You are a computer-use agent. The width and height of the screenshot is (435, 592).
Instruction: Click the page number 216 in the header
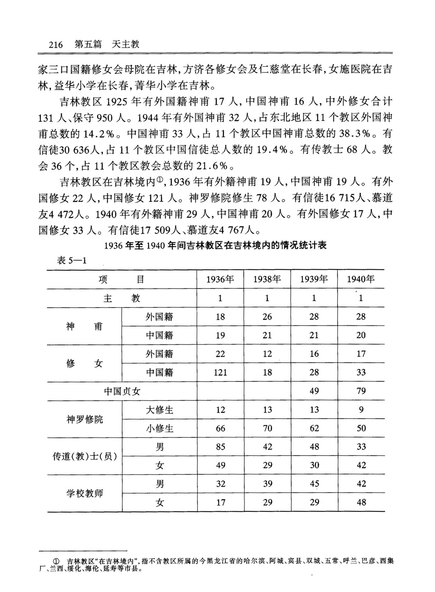point(56,45)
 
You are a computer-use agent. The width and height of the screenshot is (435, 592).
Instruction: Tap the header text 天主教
point(126,44)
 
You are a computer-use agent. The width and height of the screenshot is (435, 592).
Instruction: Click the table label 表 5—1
point(72,260)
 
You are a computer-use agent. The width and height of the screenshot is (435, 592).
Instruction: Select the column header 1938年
point(267,279)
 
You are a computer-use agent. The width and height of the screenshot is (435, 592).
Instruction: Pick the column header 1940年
point(361,279)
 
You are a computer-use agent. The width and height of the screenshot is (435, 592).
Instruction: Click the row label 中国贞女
point(122,391)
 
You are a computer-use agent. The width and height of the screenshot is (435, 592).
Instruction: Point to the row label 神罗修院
point(84,419)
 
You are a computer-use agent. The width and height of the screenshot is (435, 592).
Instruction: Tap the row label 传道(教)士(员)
point(84,457)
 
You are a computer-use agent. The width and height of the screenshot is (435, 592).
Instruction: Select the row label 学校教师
point(84,493)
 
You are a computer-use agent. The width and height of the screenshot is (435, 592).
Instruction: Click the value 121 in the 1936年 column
point(220,372)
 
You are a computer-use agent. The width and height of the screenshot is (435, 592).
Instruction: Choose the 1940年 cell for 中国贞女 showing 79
point(361,391)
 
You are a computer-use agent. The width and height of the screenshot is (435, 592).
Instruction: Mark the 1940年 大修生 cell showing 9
point(361,410)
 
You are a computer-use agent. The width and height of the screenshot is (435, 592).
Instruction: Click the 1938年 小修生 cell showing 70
point(267,428)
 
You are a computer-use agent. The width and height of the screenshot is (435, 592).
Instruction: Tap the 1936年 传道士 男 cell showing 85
point(220,447)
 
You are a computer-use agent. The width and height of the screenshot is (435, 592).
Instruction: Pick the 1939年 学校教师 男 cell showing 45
point(314,484)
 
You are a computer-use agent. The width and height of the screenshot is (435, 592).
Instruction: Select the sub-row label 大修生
point(159,410)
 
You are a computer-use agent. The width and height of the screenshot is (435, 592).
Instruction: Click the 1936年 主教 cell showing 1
point(220,298)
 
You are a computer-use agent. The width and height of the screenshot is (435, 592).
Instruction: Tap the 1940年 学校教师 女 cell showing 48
point(361,502)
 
